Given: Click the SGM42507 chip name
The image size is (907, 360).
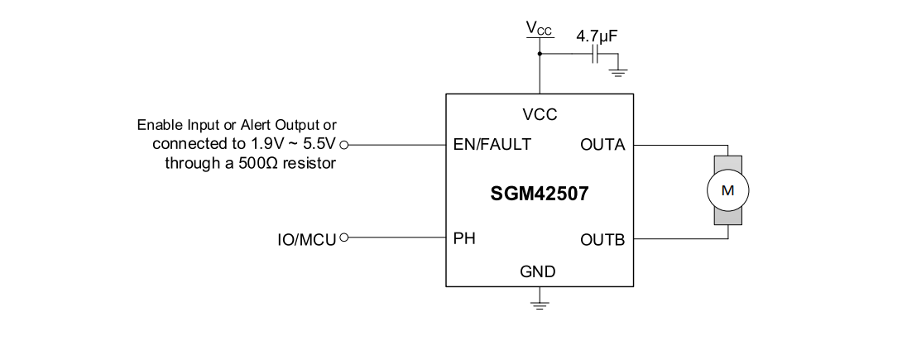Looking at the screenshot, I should (x=540, y=195).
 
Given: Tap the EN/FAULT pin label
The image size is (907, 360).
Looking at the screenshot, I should (x=492, y=144).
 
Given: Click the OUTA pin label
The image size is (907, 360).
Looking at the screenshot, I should (x=602, y=144).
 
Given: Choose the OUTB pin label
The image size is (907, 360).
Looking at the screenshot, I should (x=602, y=241).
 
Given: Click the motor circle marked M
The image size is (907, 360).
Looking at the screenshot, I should (x=727, y=190).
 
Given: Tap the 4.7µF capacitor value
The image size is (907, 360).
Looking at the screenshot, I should (x=597, y=36).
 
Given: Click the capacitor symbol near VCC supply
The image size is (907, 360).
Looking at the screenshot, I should (x=596, y=55).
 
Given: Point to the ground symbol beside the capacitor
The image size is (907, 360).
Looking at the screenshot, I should (x=617, y=70).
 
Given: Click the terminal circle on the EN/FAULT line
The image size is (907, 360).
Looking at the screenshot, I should (x=344, y=144).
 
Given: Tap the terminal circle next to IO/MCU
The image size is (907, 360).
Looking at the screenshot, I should (x=344, y=238).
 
